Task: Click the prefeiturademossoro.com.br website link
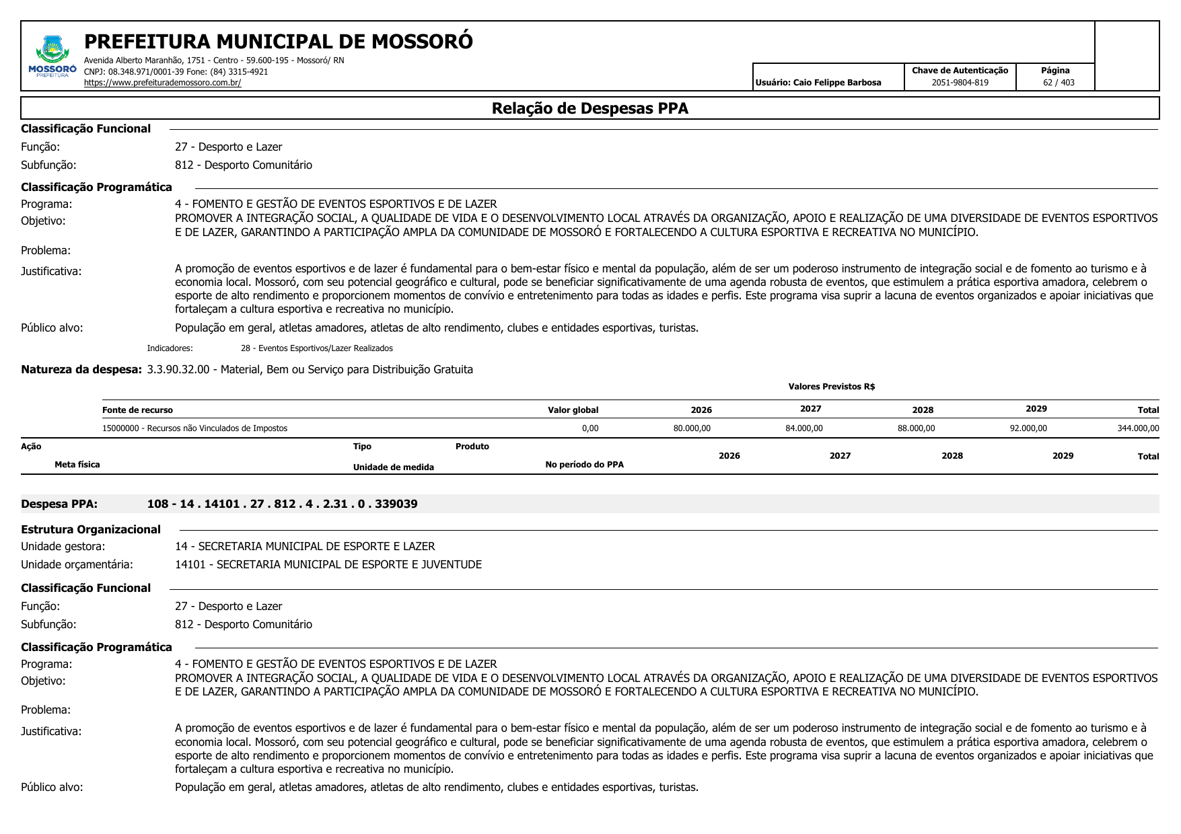coord(162,83)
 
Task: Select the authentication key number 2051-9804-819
coord(960,83)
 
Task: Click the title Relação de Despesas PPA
coord(589,108)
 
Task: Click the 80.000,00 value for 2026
coord(692,428)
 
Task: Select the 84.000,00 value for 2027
coord(803,428)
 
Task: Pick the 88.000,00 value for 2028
coord(916,428)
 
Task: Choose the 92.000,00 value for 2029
coord(1028,428)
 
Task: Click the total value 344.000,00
coord(1138,428)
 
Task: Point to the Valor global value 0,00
coord(589,428)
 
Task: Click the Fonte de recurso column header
coord(137,410)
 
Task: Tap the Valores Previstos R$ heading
coord(831,387)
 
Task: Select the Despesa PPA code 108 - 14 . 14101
coord(282,504)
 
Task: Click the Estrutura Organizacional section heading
coord(91,529)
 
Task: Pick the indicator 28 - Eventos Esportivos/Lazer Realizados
coord(316,348)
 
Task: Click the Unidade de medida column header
coord(393,467)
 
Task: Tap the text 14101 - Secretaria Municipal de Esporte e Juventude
coord(328,564)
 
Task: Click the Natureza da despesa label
coord(81,369)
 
